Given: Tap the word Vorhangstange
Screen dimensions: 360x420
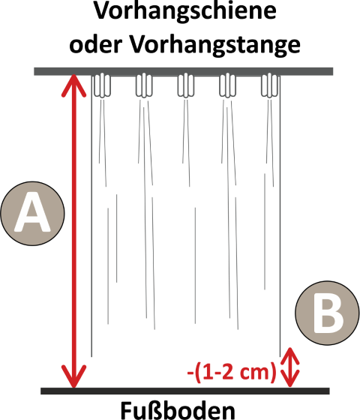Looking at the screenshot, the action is pos(215,46).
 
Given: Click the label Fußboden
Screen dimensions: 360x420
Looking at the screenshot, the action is pos(178,410).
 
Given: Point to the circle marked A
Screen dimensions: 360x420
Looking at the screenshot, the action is pos(32,214).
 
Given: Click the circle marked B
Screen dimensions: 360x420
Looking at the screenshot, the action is pos(327,313).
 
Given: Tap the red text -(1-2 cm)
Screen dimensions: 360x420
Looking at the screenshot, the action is pos(232,372).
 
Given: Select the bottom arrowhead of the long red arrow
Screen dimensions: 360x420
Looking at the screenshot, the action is pos(73,377).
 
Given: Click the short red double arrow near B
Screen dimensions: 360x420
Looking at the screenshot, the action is pos(289,367).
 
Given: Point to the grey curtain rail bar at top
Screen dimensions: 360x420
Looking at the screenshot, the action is pos(184,71).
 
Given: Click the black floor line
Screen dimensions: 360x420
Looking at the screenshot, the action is pos(185,391).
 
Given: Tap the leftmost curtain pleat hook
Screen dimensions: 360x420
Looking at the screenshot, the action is pos(102,85).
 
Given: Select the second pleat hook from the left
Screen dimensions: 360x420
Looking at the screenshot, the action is pos(144,85).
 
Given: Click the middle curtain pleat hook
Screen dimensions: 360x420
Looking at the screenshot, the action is pos(186,85).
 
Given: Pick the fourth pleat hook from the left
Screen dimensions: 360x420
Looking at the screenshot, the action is pos(227,85).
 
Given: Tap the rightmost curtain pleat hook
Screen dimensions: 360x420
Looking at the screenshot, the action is pos(269,85).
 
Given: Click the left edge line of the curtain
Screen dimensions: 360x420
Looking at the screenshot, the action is pos(91,216).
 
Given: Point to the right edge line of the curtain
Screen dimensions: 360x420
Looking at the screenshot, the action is pos(280,216).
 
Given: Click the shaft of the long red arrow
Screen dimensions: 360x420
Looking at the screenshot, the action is pos(73,232).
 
